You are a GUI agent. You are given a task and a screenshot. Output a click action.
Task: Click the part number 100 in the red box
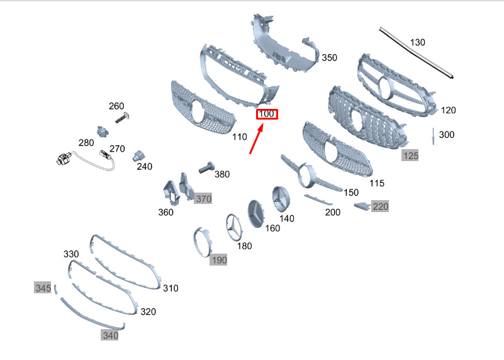click(266, 114)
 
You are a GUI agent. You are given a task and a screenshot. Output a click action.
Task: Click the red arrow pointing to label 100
click(257, 138)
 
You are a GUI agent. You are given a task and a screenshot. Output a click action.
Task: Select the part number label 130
click(418, 42)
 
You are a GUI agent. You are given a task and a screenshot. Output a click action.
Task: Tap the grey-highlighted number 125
click(410, 156)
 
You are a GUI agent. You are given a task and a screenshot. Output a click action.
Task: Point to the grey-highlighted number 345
click(43, 288)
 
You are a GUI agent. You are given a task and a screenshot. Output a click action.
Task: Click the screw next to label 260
click(123, 118)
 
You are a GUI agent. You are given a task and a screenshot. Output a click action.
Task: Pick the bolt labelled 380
click(206, 167)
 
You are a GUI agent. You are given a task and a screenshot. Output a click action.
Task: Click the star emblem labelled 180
click(235, 227)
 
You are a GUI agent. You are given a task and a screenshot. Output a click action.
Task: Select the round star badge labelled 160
click(256, 213)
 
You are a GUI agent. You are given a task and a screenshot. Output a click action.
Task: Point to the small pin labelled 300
click(434, 136)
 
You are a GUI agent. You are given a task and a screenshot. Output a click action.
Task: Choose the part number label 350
click(330, 58)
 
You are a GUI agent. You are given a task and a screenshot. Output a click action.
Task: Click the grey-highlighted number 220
click(381, 206)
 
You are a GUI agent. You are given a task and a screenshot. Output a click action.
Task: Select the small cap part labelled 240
click(138, 155)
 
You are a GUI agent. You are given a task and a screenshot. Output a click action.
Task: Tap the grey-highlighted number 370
click(203, 199)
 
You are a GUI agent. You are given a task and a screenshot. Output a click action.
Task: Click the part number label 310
click(171, 288)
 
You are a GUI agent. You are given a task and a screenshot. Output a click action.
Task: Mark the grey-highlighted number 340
click(110, 335)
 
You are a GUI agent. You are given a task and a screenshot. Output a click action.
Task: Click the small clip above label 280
click(103, 131)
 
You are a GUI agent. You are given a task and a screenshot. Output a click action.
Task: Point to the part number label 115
click(377, 183)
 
